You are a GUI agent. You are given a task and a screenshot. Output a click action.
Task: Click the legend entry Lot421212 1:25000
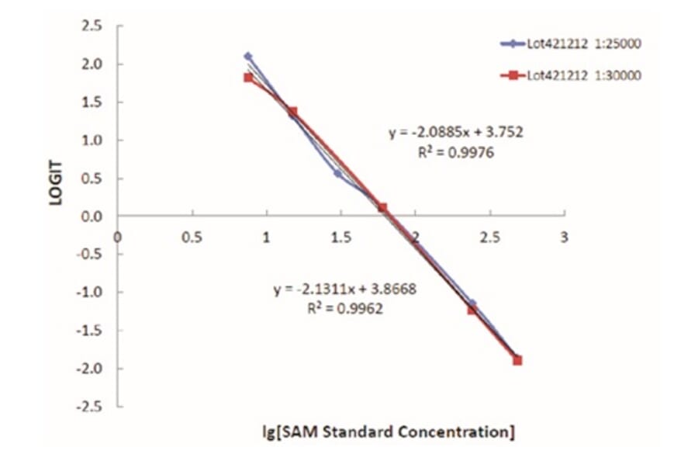(586, 43)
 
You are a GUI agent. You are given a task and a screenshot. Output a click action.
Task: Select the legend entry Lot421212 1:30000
(586, 75)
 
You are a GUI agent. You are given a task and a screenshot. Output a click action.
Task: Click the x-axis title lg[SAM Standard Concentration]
(388, 432)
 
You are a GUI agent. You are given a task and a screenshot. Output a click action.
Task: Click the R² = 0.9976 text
(455, 153)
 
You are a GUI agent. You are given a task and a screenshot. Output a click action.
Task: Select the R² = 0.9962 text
(345, 308)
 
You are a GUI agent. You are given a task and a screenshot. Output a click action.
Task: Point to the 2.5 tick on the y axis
(92, 26)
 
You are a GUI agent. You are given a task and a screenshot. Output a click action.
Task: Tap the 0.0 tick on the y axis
(92, 217)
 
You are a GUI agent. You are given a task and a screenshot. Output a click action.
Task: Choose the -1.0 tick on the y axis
(90, 293)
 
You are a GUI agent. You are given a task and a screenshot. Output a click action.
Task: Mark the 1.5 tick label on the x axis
(340, 238)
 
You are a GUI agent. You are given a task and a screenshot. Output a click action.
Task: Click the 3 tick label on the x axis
(565, 238)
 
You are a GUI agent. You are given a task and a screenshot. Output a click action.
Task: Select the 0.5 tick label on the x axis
(192, 238)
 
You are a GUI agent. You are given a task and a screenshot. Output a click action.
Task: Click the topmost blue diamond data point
(248, 56)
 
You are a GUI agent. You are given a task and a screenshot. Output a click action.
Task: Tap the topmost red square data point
(248, 78)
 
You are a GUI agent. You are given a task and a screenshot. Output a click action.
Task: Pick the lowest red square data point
(517, 360)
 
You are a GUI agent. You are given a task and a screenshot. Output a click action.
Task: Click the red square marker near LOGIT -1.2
(472, 310)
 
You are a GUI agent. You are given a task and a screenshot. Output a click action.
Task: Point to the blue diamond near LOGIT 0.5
(338, 173)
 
